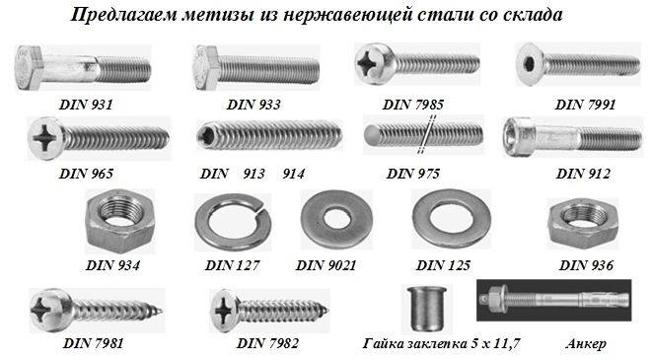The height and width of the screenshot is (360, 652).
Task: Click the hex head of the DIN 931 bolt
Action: pos(29,67)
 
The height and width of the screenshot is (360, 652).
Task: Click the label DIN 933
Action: pos(254,105)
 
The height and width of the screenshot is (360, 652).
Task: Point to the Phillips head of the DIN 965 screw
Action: pos(46,137)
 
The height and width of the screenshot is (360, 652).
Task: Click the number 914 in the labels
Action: pos(294,174)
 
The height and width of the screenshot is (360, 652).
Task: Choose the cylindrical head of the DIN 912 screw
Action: pos(520,137)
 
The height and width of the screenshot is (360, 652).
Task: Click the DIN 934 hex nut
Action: pos(120,222)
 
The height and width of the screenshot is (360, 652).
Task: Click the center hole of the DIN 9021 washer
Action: pos(336,219)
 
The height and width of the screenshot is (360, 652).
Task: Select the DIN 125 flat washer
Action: pos(452,219)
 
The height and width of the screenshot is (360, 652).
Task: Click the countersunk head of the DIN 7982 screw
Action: pos(223,310)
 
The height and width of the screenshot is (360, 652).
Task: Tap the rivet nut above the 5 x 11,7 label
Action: pos(425,309)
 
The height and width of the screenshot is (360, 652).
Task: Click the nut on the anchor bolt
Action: pos(494,299)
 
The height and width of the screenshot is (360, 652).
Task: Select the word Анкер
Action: pos(586,344)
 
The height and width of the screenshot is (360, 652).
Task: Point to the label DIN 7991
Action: pos(585,105)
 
